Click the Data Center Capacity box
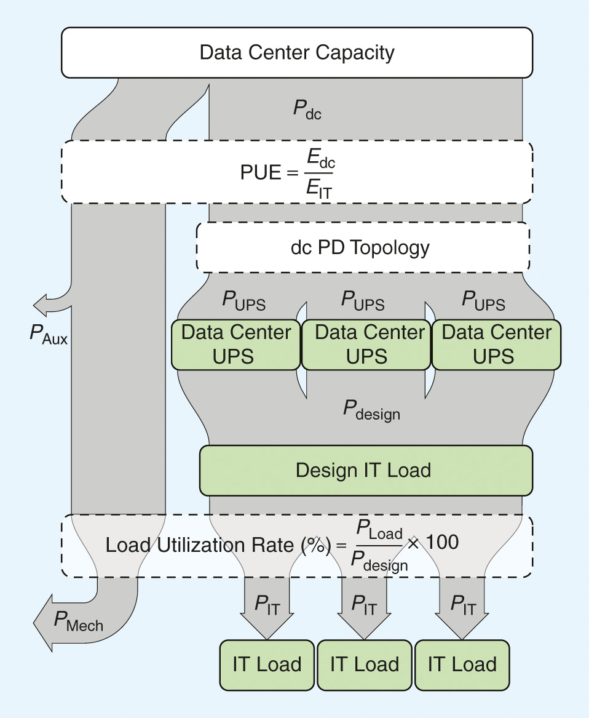(x=296, y=52)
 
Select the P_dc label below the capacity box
(x=307, y=110)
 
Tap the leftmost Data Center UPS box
(x=235, y=345)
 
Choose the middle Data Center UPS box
(x=367, y=345)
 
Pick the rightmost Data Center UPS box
(x=497, y=345)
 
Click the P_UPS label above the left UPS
(x=243, y=301)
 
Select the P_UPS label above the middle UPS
(x=363, y=301)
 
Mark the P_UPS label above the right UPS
(x=483, y=301)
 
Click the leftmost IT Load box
(x=267, y=664)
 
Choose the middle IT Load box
(x=364, y=664)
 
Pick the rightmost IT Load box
(x=462, y=664)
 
